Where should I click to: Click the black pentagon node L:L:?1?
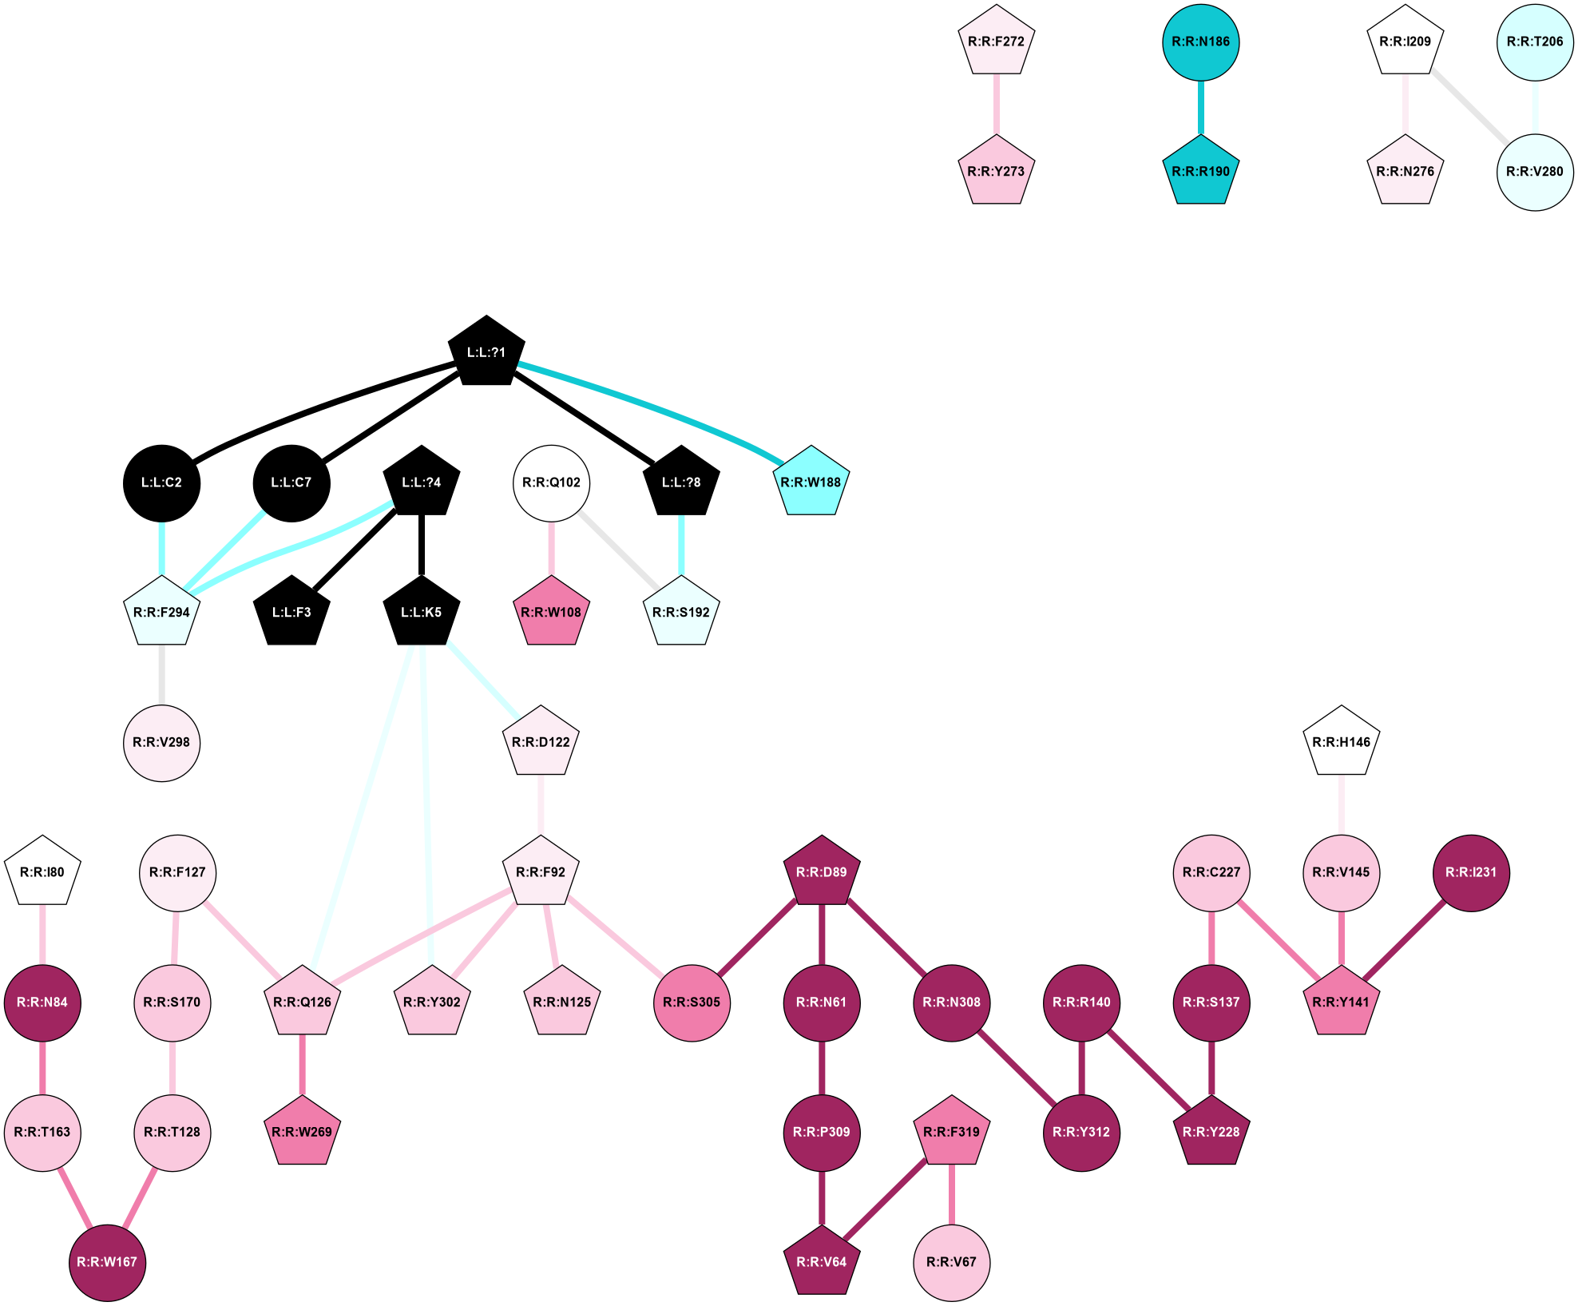pyautogui.click(x=486, y=352)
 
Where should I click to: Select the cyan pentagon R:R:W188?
pyautogui.click(x=811, y=482)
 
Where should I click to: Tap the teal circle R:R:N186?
pyautogui.click(x=1200, y=42)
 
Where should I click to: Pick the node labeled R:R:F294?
pyautogui.click(x=161, y=612)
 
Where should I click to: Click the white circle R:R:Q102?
pyautogui.click(x=551, y=482)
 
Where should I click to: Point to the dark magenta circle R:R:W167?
pyautogui.click(x=107, y=1262)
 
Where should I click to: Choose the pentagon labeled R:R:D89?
pyautogui.click(x=822, y=872)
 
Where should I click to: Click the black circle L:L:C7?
pyautogui.click(x=291, y=482)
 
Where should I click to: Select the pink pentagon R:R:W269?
pyautogui.click(x=302, y=1132)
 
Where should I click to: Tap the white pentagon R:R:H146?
pyautogui.click(x=1342, y=742)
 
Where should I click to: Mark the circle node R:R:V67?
pyautogui.click(x=951, y=1262)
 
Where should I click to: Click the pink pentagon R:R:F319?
pyautogui.click(x=951, y=1132)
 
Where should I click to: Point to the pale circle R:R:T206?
pyautogui.click(x=1535, y=42)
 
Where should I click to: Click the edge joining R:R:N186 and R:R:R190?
pyautogui.click(x=1200, y=107)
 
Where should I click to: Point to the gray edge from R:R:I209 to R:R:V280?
pyautogui.click(x=1469, y=106)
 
